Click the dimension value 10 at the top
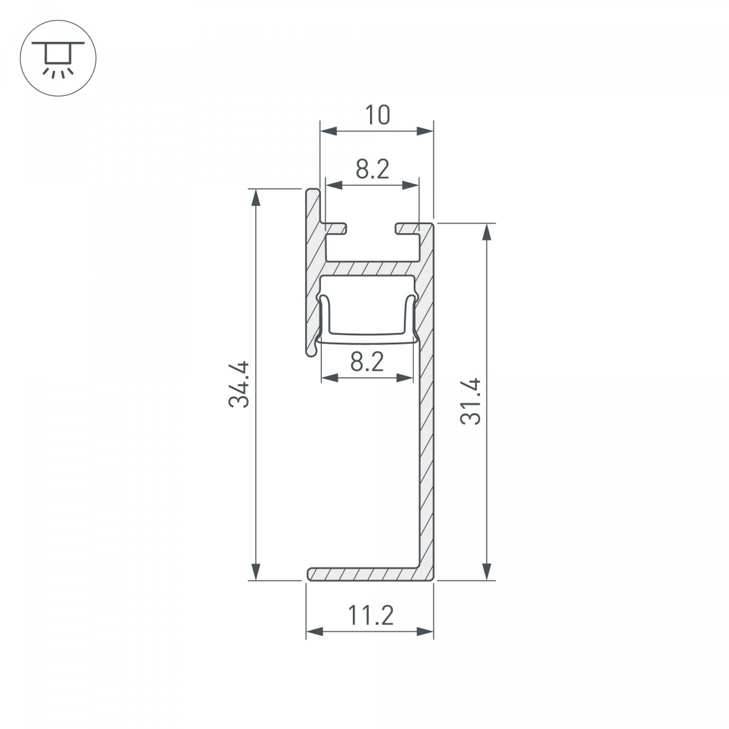pos(377,115)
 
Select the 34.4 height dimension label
pos(239,385)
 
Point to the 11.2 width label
pos(371,615)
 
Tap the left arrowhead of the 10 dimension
pos(328,131)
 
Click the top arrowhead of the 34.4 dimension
pos(256,197)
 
